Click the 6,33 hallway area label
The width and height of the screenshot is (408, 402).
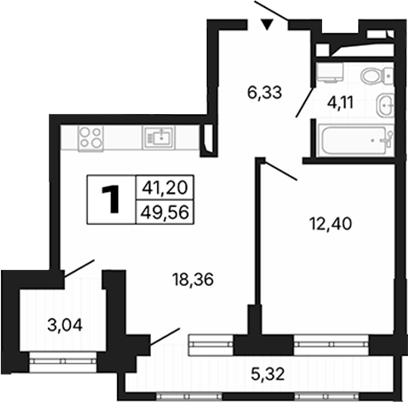pyautogui.click(x=264, y=93)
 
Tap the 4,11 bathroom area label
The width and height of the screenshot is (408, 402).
pyautogui.click(x=341, y=103)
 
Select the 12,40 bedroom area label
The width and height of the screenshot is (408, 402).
pyautogui.click(x=331, y=223)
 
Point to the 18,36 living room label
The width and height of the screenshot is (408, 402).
pyautogui.click(x=193, y=280)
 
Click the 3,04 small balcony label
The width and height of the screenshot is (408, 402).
pyautogui.click(x=65, y=325)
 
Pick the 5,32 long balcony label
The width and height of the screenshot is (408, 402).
pyautogui.click(x=268, y=375)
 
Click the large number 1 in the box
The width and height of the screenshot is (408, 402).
pyautogui.click(x=111, y=199)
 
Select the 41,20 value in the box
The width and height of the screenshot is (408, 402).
pyautogui.click(x=165, y=188)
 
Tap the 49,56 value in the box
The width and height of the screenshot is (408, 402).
pyautogui.click(x=165, y=212)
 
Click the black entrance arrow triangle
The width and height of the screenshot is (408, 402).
pyautogui.click(x=267, y=24)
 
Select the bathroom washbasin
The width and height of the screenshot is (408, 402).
pyautogui.click(x=385, y=104)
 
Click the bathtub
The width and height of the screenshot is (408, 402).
pyautogui.click(x=355, y=141)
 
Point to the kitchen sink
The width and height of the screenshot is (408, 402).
pyautogui.click(x=159, y=137)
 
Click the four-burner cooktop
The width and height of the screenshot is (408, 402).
pyautogui.click(x=90, y=138)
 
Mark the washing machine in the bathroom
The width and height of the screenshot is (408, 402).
pyautogui.click(x=330, y=72)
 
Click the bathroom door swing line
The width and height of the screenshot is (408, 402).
pyautogui.click(x=305, y=102)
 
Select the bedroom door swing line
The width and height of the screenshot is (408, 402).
pyautogui.click(x=280, y=170)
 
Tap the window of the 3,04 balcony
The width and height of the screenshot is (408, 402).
pyautogui.click(x=63, y=361)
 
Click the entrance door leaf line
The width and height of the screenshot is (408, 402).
pyautogui.click(x=271, y=12)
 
